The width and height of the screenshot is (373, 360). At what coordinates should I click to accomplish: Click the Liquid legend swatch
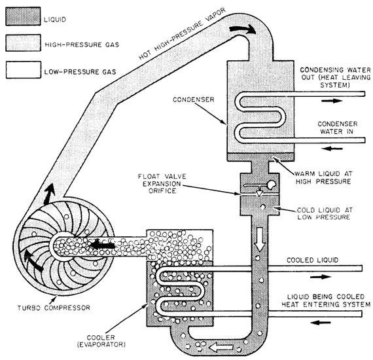(23, 16)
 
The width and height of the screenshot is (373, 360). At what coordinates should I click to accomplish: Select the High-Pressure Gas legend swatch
(23, 43)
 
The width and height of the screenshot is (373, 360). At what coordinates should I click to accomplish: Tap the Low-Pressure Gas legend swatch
(24, 70)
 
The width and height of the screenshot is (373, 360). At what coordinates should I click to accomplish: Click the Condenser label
(194, 99)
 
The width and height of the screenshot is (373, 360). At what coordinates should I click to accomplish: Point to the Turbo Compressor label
(54, 308)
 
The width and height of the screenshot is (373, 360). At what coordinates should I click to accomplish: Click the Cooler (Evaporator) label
(101, 341)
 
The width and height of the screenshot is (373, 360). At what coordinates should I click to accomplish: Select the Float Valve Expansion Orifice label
(162, 184)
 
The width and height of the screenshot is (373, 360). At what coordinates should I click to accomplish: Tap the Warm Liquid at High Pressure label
(323, 177)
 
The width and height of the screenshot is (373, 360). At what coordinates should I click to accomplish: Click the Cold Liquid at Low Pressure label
(325, 213)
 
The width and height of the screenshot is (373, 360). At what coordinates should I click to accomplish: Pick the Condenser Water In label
(337, 128)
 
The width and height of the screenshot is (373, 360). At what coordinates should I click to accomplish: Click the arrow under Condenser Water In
(332, 149)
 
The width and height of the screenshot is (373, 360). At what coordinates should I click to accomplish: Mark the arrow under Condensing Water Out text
(332, 101)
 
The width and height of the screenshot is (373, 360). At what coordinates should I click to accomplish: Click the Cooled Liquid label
(312, 260)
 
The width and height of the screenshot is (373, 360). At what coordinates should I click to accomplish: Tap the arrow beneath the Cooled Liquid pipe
(321, 277)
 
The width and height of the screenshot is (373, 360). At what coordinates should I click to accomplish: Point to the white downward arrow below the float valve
(260, 239)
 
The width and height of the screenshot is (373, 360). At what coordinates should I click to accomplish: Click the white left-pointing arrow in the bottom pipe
(221, 348)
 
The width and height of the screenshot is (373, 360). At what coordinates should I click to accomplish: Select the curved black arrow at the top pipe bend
(243, 29)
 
